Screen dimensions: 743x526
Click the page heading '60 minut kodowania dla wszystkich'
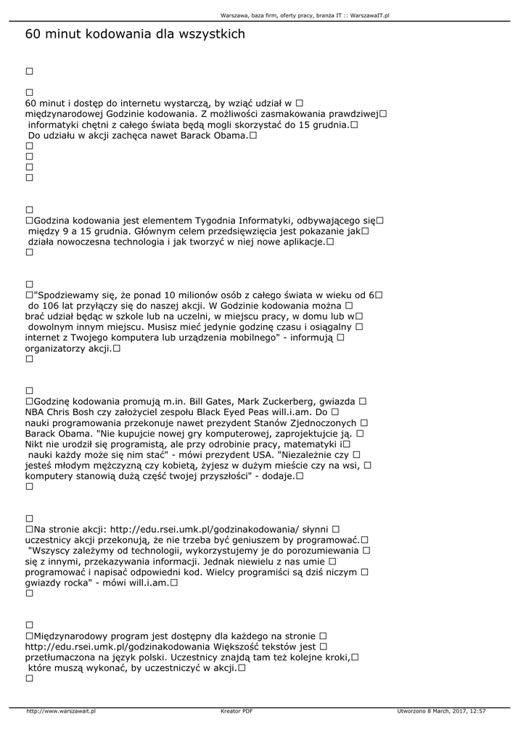click(x=135, y=34)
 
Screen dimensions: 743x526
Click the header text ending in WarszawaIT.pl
click(x=305, y=15)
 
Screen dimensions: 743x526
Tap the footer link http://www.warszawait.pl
click(x=61, y=711)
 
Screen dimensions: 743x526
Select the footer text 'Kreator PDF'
click(x=237, y=711)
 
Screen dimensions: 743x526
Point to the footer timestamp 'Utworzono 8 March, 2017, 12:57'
click(x=441, y=711)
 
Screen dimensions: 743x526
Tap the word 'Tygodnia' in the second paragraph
click(x=223, y=220)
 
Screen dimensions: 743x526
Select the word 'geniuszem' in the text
click(x=242, y=540)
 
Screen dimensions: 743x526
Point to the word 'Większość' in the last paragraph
click(x=239, y=646)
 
